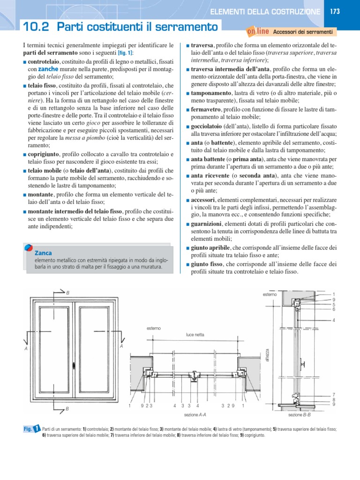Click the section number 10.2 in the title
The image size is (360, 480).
click(37, 28)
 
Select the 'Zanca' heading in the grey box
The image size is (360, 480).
click(43, 253)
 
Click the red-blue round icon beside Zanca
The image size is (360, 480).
click(29, 250)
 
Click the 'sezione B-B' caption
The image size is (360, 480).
click(300, 414)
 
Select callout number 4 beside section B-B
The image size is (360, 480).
click(334, 321)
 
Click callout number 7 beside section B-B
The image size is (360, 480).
click(334, 395)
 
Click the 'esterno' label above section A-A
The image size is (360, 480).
click(153, 328)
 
